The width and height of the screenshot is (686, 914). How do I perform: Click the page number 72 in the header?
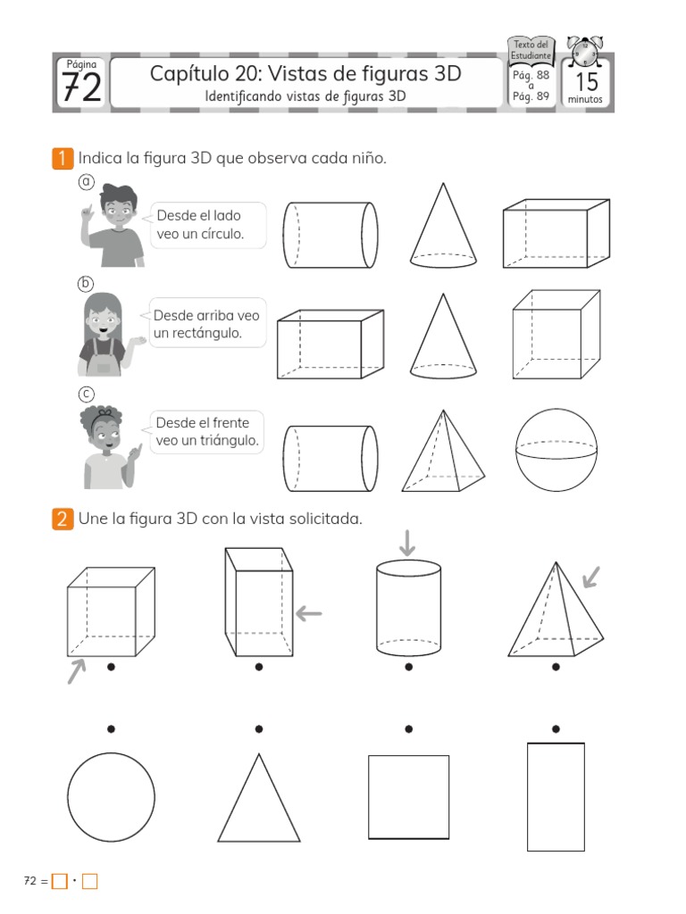pos(80,87)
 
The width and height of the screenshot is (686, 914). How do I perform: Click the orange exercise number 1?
pos(62,159)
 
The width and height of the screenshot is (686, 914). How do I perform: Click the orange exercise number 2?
pos(62,519)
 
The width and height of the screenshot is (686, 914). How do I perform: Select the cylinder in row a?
pos(330,235)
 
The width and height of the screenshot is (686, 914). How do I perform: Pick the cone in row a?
pos(443,226)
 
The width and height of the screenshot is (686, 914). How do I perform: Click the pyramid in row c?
pos(443,452)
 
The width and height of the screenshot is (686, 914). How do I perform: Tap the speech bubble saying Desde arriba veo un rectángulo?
pos(206,325)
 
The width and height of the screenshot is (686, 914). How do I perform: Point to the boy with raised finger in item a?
pos(113,226)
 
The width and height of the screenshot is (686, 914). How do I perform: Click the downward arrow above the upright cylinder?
pos(408,542)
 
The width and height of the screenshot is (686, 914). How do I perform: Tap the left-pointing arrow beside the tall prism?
pos(308,613)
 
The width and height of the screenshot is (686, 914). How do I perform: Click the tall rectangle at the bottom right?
pos(556,796)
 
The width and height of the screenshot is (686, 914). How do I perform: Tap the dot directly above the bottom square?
pos(408,729)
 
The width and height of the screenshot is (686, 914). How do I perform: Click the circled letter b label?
pos(86,284)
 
